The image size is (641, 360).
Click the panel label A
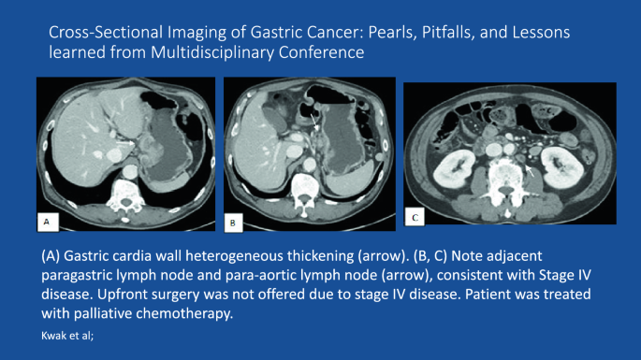pos(44,221)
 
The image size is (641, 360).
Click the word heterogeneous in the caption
pos(279,254)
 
